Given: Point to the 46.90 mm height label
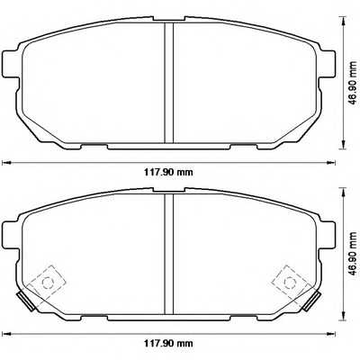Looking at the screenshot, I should click(x=349, y=256).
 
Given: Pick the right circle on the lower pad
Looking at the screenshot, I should click(x=290, y=282).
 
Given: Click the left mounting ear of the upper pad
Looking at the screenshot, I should click(x=12, y=66).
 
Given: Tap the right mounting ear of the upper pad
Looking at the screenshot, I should click(x=325, y=66).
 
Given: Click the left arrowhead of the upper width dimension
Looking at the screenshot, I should click(x=4, y=162).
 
